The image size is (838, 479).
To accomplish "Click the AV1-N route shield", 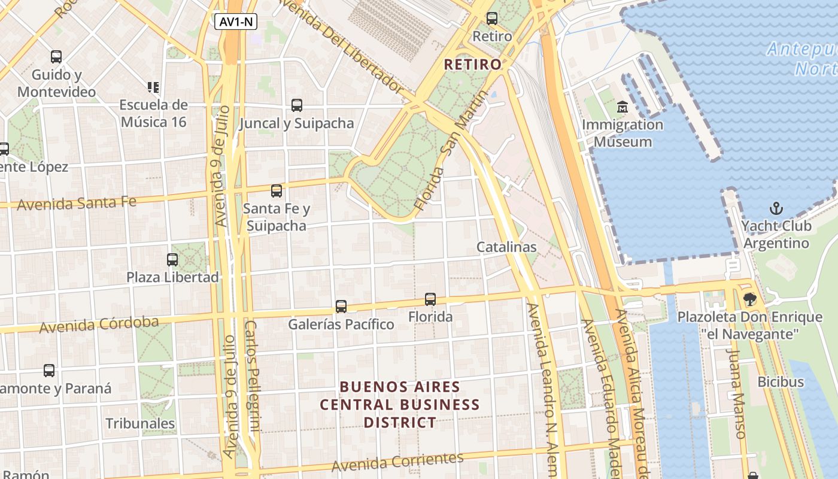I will [235, 22].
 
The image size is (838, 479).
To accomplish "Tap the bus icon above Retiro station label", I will [492, 19].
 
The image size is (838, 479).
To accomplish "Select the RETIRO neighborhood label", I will [473, 65].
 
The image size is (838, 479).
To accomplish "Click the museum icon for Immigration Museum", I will [623, 108].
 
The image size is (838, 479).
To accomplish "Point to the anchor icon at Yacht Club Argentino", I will [776, 208].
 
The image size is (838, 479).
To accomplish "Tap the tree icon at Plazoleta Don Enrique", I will [749, 299].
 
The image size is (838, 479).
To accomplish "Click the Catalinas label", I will [506, 247].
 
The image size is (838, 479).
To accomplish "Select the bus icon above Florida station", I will [430, 299].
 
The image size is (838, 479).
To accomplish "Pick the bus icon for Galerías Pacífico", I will [341, 307].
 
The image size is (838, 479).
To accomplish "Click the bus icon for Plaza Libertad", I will [172, 260].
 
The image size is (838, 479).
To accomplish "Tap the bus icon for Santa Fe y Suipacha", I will [277, 191].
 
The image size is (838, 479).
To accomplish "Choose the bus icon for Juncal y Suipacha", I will [297, 105].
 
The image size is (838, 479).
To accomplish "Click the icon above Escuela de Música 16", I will [153, 87].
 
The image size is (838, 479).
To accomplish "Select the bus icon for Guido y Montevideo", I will [56, 57].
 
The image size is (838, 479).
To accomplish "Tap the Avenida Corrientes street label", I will [397, 462].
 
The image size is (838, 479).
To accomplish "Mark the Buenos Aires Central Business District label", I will [400, 405].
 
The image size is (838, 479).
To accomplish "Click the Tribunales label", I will [140, 423].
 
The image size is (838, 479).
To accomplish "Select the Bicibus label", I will [781, 381].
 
